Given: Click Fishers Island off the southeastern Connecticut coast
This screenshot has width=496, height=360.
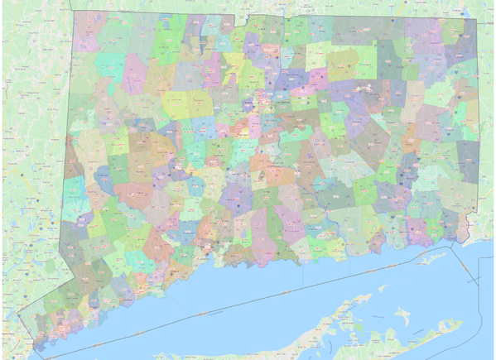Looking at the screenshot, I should point(426,259).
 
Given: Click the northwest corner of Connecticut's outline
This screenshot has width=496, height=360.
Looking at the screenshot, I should point(73,12).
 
